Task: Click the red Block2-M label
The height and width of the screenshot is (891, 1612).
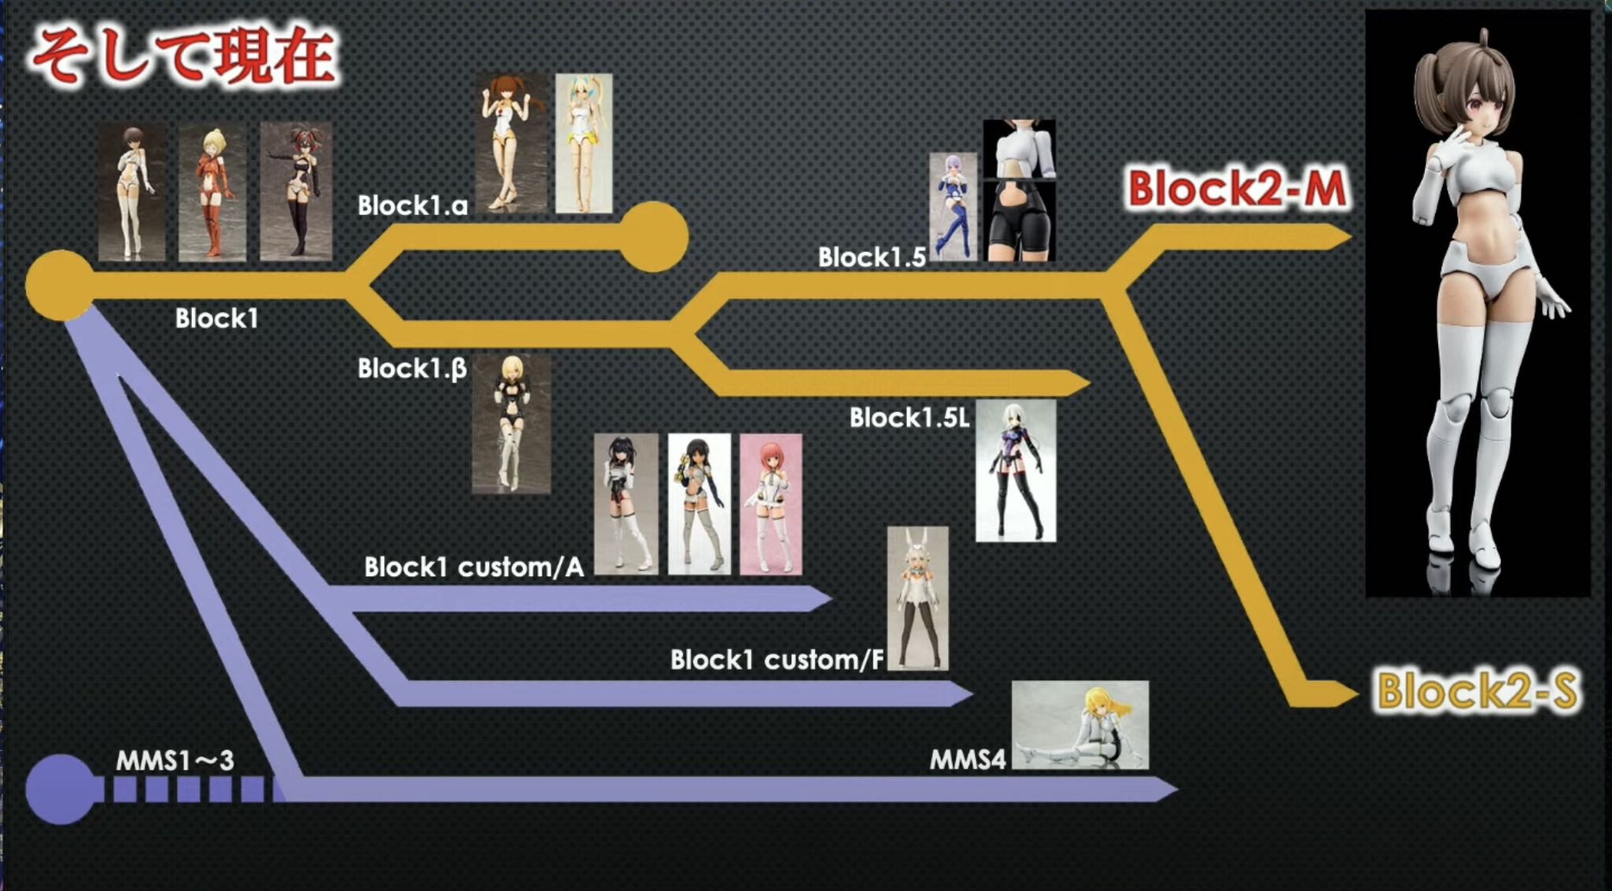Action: pyautogui.click(x=1237, y=190)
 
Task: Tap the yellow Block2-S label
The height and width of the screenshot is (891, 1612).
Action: pyautogui.click(x=1477, y=691)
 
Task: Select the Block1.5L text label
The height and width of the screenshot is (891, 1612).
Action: pyautogui.click(x=909, y=418)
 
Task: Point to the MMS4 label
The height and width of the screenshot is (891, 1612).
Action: pyautogui.click(x=968, y=760)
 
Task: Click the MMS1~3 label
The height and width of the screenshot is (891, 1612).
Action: pyautogui.click(x=175, y=760)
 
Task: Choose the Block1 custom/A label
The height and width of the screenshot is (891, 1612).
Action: pyautogui.click(x=474, y=568)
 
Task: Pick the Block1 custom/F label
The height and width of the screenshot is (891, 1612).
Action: pyautogui.click(x=776, y=660)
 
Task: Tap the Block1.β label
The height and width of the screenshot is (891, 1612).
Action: pyautogui.click(x=411, y=368)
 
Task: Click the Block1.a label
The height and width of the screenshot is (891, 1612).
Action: pyautogui.click(x=412, y=206)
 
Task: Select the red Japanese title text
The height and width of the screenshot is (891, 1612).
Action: pyautogui.click(x=184, y=56)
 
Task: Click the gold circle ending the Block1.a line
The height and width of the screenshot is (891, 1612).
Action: pyautogui.click(x=653, y=237)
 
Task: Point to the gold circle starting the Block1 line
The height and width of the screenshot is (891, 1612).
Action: pyautogui.click(x=60, y=286)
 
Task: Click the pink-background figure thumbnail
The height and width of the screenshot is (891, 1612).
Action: pyautogui.click(x=770, y=504)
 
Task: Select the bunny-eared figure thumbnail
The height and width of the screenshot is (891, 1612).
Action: pyautogui.click(x=917, y=598)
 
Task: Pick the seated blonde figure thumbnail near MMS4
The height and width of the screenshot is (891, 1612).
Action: pyautogui.click(x=1079, y=725)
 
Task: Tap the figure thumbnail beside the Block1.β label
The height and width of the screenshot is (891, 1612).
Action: pyautogui.click(x=511, y=424)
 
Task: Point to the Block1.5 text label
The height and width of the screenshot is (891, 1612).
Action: pyautogui.click(x=872, y=257)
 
